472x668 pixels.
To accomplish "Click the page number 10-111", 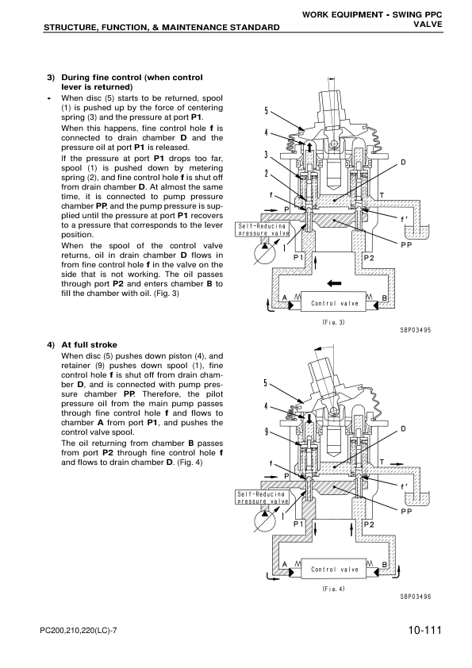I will point(420,632).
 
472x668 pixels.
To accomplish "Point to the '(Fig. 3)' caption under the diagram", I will point(328,322).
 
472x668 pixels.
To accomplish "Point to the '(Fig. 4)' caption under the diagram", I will point(328,589).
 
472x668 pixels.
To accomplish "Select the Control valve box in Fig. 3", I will point(334,303).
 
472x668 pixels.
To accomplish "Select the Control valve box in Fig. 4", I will point(334,569).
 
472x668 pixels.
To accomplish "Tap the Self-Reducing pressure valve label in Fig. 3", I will point(261,229).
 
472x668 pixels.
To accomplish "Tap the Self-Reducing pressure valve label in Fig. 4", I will point(261,497).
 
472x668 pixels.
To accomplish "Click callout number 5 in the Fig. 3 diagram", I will point(267,110).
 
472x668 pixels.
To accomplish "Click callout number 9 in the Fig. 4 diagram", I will point(267,432).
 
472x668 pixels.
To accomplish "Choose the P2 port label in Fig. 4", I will point(368,524).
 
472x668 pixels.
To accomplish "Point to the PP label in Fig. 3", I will point(405,246).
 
